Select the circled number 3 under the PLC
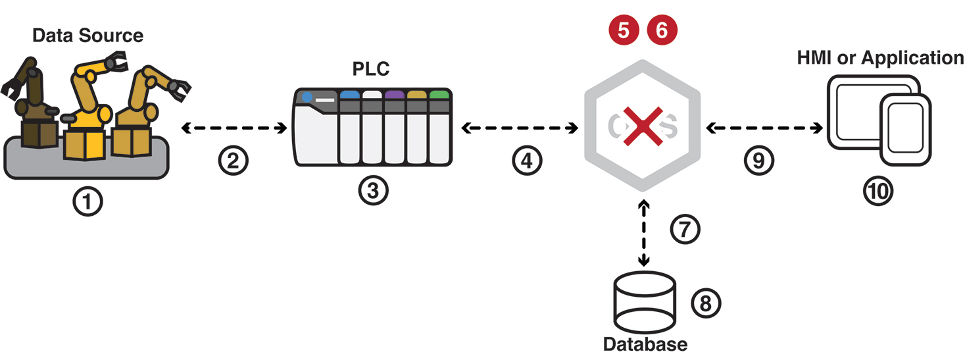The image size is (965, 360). click(x=373, y=191)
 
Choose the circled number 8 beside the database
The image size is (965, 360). click(x=706, y=303)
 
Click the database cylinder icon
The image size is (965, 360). click(x=644, y=303)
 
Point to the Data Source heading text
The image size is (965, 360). click(x=87, y=35)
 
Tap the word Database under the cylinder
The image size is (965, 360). click(x=645, y=344)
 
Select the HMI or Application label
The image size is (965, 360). click(x=880, y=58)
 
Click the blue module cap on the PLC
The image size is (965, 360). click(x=349, y=95)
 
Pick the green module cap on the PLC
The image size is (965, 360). click(x=439, y=95)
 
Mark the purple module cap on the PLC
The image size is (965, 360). click(x=394, y=95)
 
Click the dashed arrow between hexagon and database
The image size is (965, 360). click(x=644, y=234)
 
